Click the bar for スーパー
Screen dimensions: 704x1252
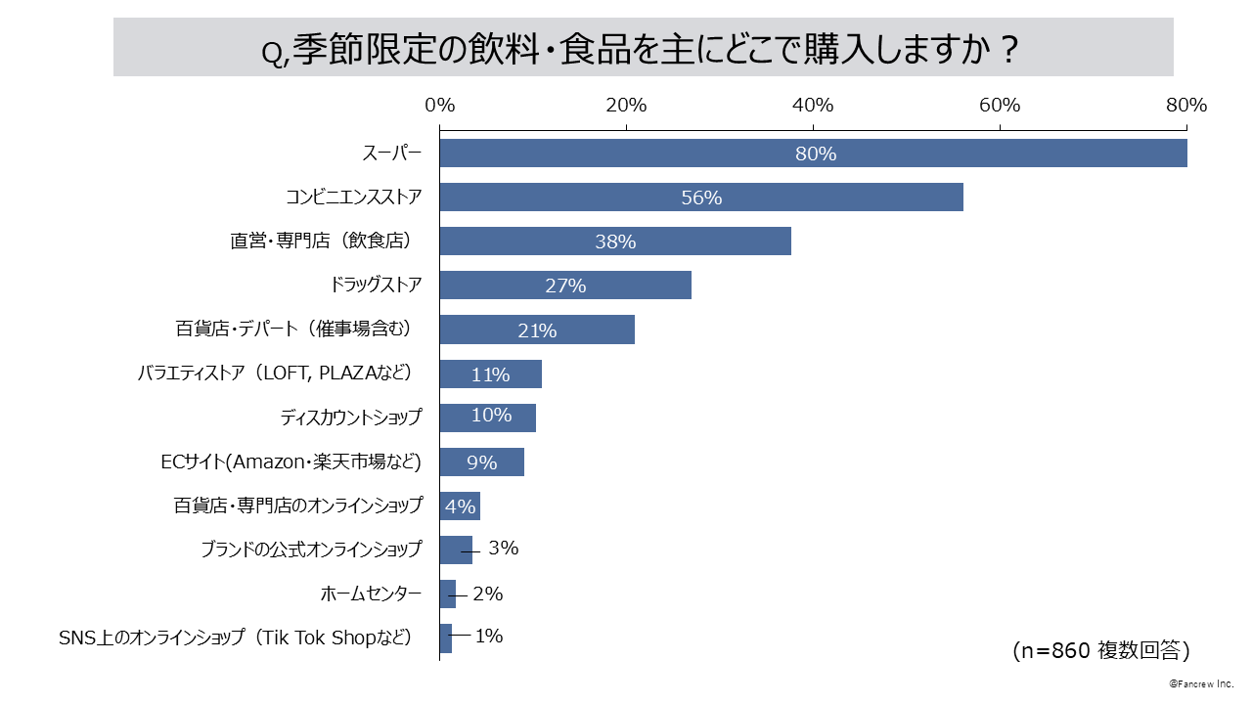click(x=813, y=154)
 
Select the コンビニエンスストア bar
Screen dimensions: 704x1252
click(x=700, y=197)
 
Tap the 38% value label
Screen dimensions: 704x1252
click(x=615, y=242)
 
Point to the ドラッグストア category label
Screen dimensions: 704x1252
click(x=377, y=286)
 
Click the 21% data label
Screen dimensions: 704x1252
click(x=537, y=330)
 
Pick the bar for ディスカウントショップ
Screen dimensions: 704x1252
click(x=487, y=418)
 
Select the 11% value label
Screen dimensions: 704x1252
click(x=490, y=374)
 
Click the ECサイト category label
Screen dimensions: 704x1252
click(x=291, y=462)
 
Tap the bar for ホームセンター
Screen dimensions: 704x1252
click(x=447, y=594)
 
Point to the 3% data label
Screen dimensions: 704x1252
click(x=503, y=549)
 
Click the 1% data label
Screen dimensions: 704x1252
click(x=488, y=637)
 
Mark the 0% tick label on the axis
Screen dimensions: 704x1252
click(x=439, y=105)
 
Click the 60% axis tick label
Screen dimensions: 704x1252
click(x=1000, y=105)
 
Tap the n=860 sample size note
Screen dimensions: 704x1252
click(x=1100, y=650)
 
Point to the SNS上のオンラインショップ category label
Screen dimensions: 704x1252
click(x=236, y=638)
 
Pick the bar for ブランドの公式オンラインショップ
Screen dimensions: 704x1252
click(x=456, y=550)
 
